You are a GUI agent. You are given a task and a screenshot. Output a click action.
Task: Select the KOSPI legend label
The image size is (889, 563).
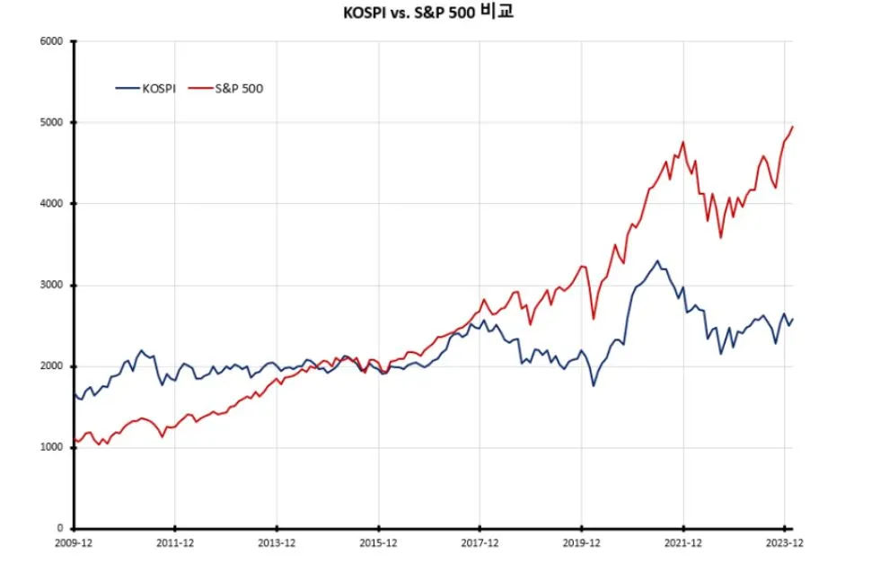click(x=158, y=88)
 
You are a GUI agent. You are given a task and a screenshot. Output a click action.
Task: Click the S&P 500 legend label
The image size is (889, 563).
click(x=238, y=88)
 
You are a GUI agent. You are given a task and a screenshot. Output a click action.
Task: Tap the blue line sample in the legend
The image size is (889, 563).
click(x=128, y=88)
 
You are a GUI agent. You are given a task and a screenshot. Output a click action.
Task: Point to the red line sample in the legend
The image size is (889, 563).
click(x=199, y=88)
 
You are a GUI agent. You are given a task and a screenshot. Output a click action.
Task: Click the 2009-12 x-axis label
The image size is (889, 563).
click(x=75, y=544)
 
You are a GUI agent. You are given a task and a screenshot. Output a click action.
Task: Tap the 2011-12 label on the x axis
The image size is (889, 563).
click(x=175, y=544)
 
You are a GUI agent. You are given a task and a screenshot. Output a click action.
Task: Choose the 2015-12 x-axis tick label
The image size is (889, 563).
click(x=378, y=544)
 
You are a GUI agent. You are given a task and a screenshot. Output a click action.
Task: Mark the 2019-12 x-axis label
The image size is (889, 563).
click(x=581, y=544)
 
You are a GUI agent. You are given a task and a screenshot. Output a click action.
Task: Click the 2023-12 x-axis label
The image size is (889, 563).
click(x=784, y=544)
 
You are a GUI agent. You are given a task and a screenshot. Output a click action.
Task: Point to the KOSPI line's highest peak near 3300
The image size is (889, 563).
click(x=657, y=261)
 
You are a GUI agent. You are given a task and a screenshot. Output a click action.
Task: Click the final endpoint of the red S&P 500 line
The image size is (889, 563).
click(x=793, y=127)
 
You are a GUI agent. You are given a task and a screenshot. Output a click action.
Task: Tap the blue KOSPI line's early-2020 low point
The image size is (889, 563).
click(x=594, y=386)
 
